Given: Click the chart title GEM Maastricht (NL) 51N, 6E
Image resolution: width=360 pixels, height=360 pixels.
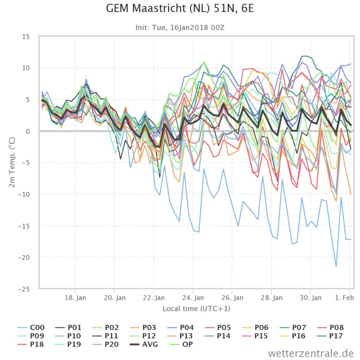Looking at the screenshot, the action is pyautogui.click(x=180, y=8).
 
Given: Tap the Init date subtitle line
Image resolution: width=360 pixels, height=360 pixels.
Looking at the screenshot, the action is pyautogui.click(x=180, y=27).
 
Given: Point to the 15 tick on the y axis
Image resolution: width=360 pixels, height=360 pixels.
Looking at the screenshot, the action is pyautogui.click(x=26, y=37).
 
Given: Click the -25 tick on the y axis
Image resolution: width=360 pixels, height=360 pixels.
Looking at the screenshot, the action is pyautogui.click(x=24, y=289).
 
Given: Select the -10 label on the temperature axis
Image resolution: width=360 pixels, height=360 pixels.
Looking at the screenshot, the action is pyautogui.click(x=24, y=194).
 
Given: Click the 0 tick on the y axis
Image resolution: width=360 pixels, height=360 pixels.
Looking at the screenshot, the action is pyautogui.click(x=28, y=131).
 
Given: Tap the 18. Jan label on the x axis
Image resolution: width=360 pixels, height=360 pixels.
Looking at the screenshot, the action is pyautogui.click(x=75, y=298).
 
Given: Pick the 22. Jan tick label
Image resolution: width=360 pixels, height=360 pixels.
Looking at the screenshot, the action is pyautogui.click(x=154, y=298).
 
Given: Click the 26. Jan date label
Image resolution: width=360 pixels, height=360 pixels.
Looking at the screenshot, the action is pyautogui.click(x=232, y=298).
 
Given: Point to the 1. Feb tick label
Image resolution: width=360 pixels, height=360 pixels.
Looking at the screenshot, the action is pyautogui.click(x=345, y=298).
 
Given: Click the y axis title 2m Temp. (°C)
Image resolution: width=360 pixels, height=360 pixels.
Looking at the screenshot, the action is pyautogui.click(x=12, y=162).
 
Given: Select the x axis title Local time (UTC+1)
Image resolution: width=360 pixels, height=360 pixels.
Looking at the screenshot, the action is pyautogui.click(x=196, y=309).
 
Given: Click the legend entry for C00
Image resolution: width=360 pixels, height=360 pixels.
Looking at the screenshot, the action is pyautogui.click(x=31, y=327).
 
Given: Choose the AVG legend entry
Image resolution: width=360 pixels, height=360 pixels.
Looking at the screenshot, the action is pyautogui.click(x=144, y=345).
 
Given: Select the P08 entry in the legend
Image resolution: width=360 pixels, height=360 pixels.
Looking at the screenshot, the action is pyautogui.click(x=330, y=327).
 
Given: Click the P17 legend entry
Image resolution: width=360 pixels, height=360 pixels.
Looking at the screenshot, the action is pyautogui.click(x=329, y=336).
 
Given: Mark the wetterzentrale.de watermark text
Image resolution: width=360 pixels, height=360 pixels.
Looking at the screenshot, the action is pyautogui.click(x=311, y=353).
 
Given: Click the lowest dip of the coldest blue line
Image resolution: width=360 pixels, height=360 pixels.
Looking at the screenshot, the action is pyautogui.click(x=336, y=266).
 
